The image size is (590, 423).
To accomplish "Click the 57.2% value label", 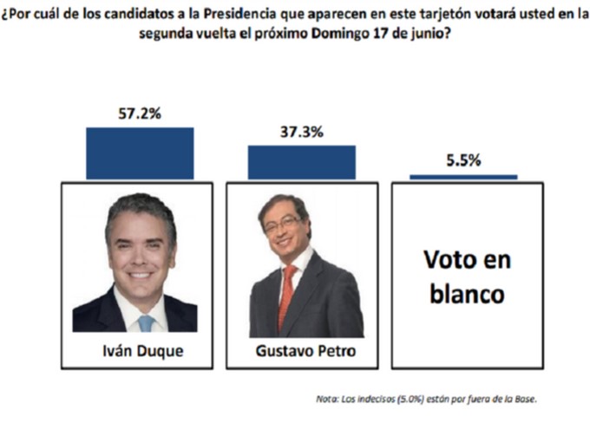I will tap(138, 114).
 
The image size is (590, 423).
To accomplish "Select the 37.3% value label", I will tap(302, 133).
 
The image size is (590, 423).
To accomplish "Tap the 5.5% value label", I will tap(463, 160).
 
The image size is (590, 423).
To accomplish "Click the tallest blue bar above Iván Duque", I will tap(139, 153).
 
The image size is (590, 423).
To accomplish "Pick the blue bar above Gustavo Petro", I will tap(302, 162).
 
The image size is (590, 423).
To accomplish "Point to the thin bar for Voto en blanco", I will tap(463, 177).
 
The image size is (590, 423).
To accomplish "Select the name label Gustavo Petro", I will tap(302, 353).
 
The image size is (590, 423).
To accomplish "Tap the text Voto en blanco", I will tap(467, 276).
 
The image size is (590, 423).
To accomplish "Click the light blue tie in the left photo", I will tap(147, 322).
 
